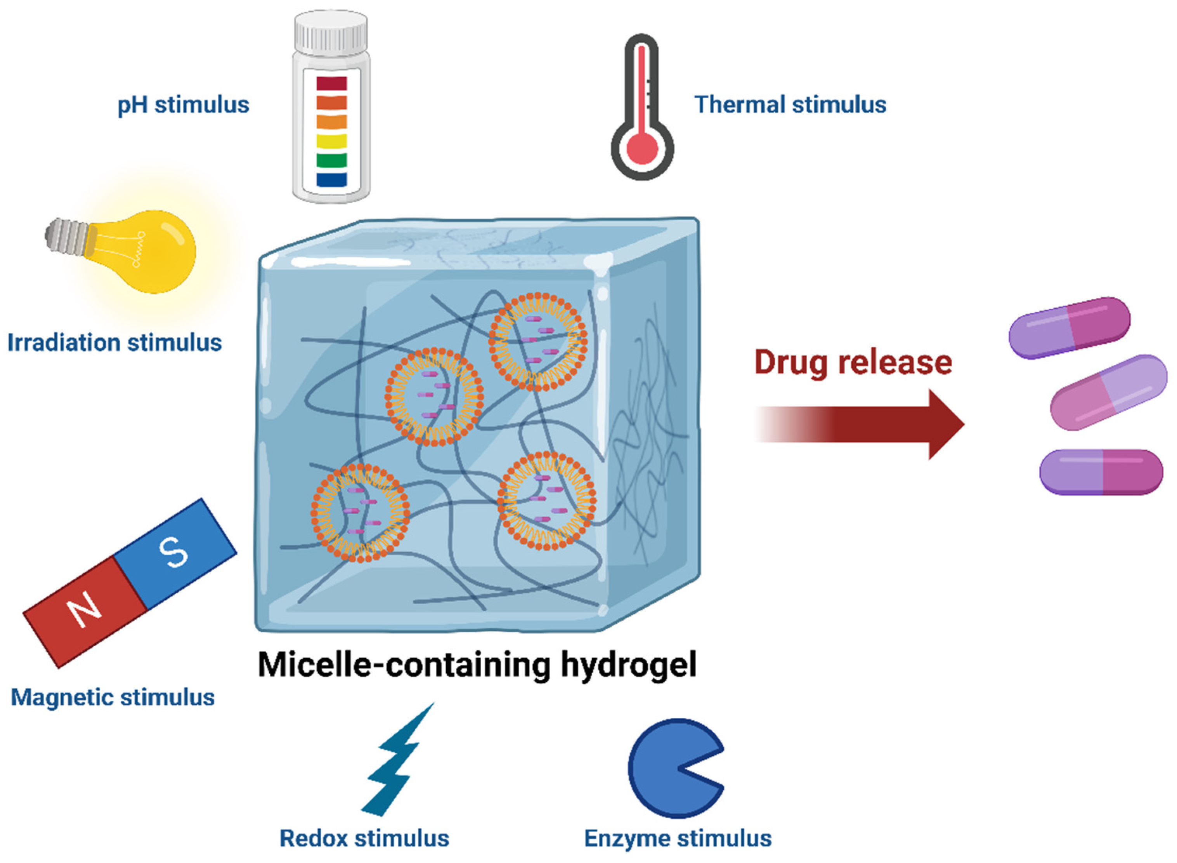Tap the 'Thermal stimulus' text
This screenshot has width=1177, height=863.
coord(790,104)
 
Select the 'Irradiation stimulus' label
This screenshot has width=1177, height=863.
coord(114,343)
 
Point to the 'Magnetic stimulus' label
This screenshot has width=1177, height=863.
coord(113,698)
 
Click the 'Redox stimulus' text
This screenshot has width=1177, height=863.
coord(364,839)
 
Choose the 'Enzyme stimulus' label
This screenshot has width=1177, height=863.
coord(678,839)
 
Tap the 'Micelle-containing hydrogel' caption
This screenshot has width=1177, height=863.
coord(477,665)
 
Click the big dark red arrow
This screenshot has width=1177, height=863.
coord(859,424)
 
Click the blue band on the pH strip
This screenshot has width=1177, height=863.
coord(331,179)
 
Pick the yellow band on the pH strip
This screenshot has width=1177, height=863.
coord(331,141)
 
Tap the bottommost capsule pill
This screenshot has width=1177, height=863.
coord(1101,472)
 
